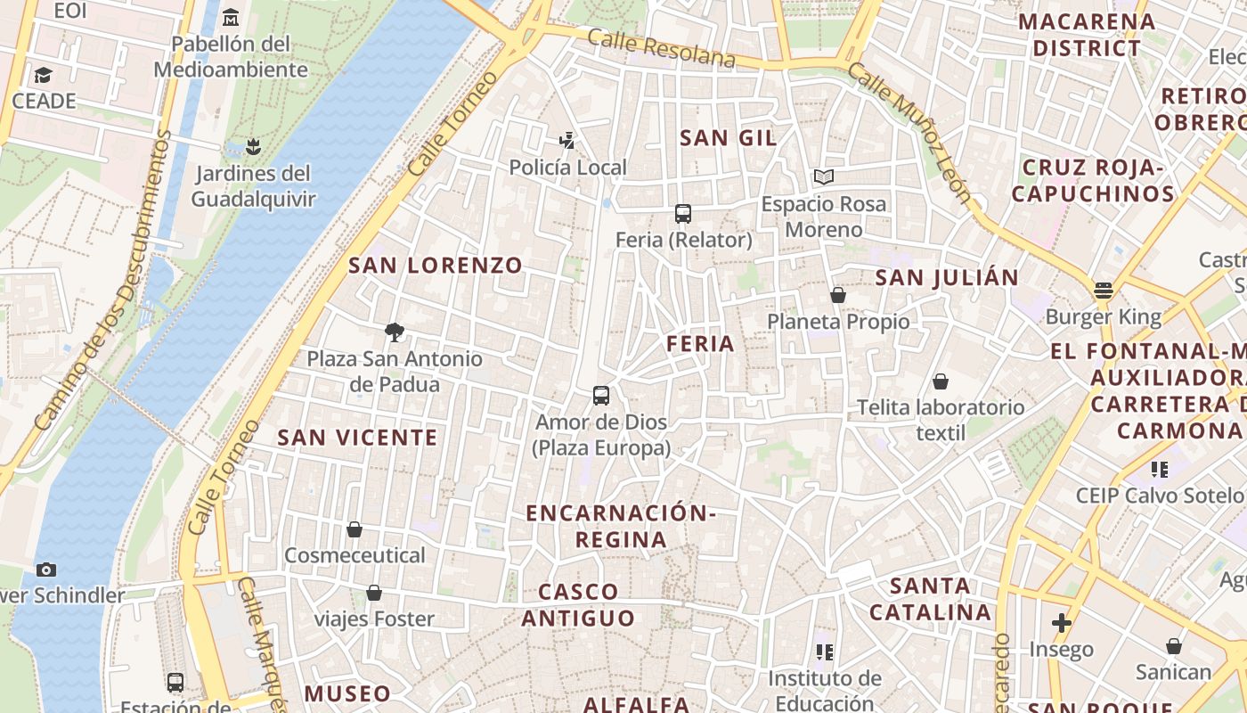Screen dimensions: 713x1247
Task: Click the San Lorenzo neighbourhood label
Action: (x=435, y=265)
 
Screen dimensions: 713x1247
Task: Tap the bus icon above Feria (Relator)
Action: (x=683, y=214)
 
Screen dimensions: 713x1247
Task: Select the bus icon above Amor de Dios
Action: (x=601, y=396)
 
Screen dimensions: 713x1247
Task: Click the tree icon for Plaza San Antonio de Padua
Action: (x=394, y=332)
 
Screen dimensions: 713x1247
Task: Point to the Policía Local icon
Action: (x=567, y=141)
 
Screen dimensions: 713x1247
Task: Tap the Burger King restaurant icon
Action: (x=1104, y=290)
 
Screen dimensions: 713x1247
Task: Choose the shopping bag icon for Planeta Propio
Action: (x=837, y=295)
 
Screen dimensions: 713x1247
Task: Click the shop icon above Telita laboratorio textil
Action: (x=941, y=382)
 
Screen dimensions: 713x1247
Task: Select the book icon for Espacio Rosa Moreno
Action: (x=824, y=177)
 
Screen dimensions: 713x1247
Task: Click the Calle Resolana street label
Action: (x=661, y=49)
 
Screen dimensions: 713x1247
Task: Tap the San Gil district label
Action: (x=728, y=137)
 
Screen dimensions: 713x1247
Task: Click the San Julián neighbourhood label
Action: (x=946, y=277)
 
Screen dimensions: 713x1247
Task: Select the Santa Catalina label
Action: (x=930, y=599)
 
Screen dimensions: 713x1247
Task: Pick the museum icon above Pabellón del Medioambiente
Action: (x=231, y=17)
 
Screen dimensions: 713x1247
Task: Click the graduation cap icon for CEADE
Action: (x=43, y=75)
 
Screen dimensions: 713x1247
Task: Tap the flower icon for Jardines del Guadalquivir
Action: (x=253, y=146)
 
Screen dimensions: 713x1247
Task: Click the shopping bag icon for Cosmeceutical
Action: (x=355, y=529)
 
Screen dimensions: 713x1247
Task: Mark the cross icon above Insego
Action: (x=1061, y=622)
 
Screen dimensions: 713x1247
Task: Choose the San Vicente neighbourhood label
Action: (x=357, y=437)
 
